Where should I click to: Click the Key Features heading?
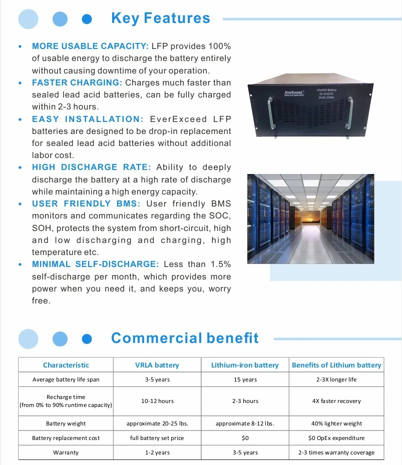click(160, 18)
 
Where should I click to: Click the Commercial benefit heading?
click(185, 338)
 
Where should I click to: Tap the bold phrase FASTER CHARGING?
click(77, 82)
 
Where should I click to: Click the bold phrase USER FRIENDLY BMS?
click(86, 203)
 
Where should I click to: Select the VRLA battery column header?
click(157, 365)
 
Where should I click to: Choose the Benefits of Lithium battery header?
click(336, 365)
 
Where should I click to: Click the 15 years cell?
click(245, 379)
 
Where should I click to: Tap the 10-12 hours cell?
click(157, 401)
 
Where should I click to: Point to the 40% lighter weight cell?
click(336, 423)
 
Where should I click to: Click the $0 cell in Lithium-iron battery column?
click(245, 438)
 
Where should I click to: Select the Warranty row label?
click(66, 452)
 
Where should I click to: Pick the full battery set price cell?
click(157, 438)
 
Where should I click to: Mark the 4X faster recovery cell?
click(336, 401)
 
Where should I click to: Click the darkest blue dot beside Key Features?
click(87, 19)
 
